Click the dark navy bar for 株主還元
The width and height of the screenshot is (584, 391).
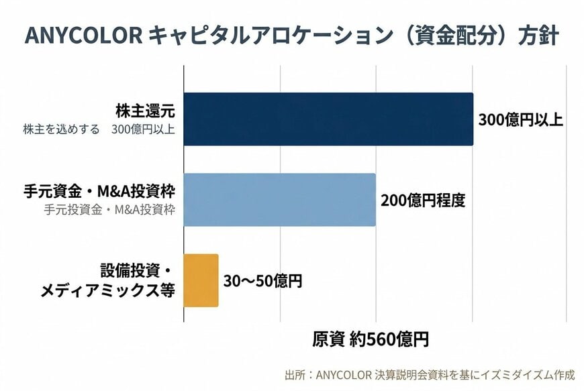click(328, 119)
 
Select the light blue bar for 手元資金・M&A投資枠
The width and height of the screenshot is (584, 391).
click(279, 200)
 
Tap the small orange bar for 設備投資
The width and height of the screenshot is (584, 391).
click(201, 280)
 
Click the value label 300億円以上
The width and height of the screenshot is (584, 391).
click(520, 120)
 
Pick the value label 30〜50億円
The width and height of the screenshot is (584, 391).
click(262, 281)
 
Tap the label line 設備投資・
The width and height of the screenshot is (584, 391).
click(138, 272)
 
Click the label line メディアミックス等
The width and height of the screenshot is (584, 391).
click(108, 291)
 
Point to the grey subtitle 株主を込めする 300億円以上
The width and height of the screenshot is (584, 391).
click(99, 129)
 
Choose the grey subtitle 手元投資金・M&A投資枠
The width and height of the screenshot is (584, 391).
click(109, 209)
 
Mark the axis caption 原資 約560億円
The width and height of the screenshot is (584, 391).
click(370, 339)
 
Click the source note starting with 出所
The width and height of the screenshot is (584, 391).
click(430, 374)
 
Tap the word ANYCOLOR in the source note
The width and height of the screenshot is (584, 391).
click(342, 374)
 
